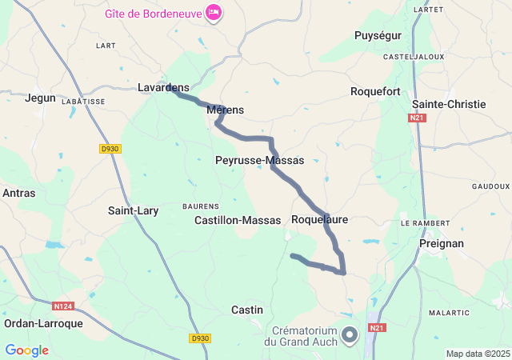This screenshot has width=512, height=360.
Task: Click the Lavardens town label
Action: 163,87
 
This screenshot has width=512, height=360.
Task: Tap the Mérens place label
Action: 225,110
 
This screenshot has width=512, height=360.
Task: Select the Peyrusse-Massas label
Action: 259,160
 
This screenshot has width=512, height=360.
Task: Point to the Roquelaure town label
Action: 320,219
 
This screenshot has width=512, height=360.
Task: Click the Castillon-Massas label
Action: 238,220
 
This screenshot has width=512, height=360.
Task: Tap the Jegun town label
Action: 41,98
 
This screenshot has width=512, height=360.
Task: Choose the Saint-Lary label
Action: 134,211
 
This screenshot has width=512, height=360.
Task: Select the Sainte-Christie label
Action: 449,104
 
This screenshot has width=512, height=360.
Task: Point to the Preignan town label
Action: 442,242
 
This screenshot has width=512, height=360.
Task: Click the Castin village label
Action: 246,310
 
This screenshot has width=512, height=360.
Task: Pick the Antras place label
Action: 18,193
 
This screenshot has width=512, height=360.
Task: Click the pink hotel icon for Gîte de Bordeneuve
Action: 214,13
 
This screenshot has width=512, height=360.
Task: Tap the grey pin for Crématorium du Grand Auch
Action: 350,335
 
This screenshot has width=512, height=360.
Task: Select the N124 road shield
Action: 63,306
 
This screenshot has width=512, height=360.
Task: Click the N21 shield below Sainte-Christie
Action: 416,118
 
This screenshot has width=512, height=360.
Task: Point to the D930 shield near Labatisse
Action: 110,149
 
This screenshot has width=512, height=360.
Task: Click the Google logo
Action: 26,350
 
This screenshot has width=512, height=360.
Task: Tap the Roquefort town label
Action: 375,91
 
